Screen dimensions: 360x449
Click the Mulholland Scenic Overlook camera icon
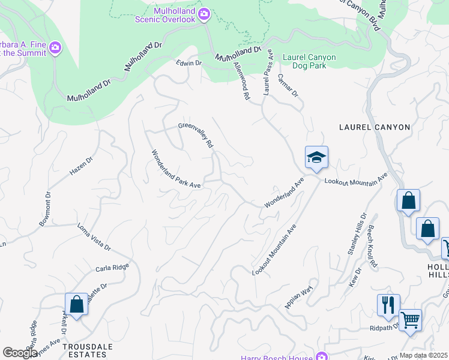(204, 13)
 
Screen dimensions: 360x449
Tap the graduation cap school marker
(316, 158)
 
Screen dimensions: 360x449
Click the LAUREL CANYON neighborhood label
(375, 127)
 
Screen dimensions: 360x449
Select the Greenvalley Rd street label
(196, 135)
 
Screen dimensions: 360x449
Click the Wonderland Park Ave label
(176, 169)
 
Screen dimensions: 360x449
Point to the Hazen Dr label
(82, 166)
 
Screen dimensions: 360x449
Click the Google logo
(20, 352)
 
